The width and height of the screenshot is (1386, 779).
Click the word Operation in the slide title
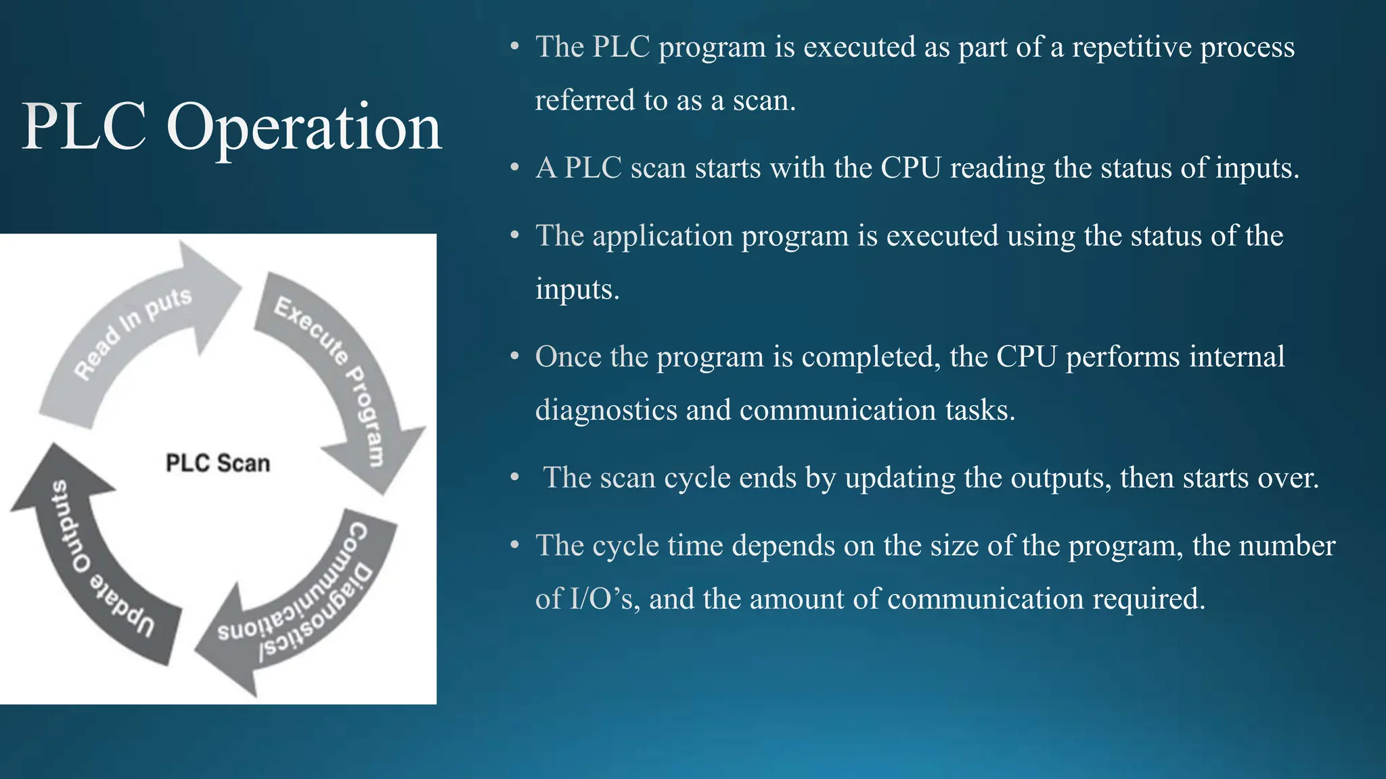[304, 127]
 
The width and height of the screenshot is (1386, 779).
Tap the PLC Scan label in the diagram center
[217, 463]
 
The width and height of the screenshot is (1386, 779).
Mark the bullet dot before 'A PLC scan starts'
[515, 167]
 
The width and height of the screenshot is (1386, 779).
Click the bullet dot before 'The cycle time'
[515, 544]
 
